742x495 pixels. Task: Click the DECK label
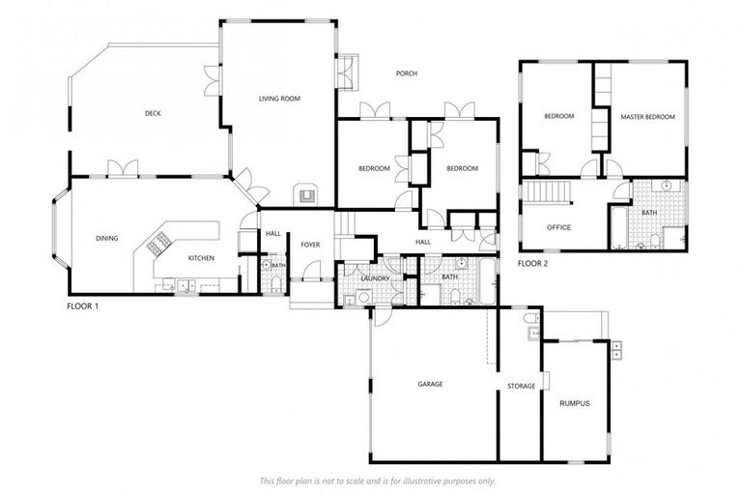pyautogui.click(x=153, y=113)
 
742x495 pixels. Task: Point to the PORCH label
pyautogui.click(x=406, y=73)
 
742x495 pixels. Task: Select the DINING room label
pyautogui.click(x=106, y=238)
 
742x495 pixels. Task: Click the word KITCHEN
pyautogui.click(x=201, y=258)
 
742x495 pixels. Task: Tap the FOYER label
pyautogui.click(x=310, y=245)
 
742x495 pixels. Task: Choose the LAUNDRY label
pyautogui.click(x=375, y=278)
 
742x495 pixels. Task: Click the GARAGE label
pyautogui.click(x=430, y=384)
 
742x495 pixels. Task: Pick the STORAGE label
pyautogui.click(x=521, y=387)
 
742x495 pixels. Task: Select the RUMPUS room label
pyautogui.click(x=574, y=403)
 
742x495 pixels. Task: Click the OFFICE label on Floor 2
pyautogui.click(x=558, y=228)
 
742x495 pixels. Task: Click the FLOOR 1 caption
pyautogui.click(x=82, y=306)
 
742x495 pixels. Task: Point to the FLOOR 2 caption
pyautogui.click(x=532, y=263)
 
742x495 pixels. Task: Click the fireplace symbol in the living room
pyautogui.click(x=306, y=194)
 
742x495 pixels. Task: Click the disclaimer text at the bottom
pyautogui.click(x=377, y=480)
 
